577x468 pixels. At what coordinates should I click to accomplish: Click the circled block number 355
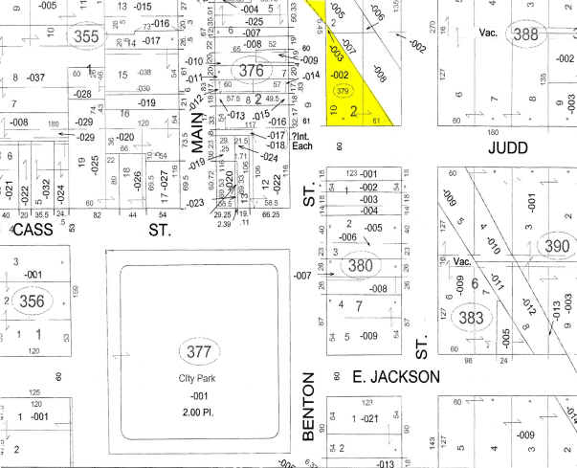(x=86, y=36)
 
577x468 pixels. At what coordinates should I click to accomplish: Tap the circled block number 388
(x=525, y=34)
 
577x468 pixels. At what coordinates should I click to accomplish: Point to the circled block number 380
(x=359, y=264)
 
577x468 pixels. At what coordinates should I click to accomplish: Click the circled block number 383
(x=469, y=317)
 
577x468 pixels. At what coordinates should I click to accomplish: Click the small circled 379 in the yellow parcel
(x=342, y=91)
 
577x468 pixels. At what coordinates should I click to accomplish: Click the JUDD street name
(x=508, y=147)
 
